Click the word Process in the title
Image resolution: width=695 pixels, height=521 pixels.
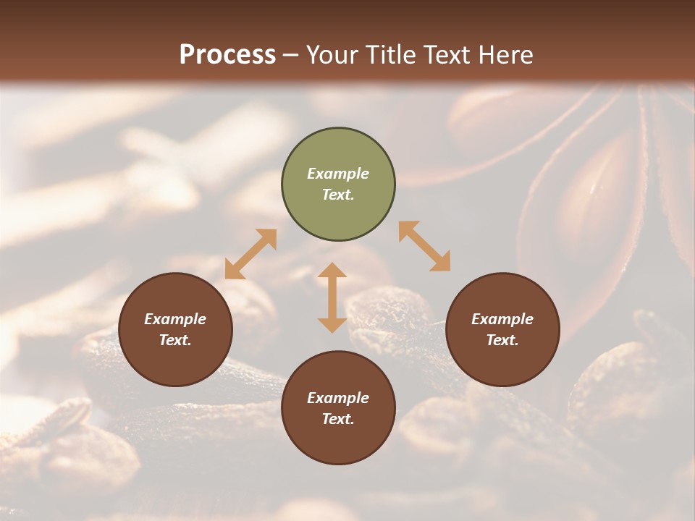227,55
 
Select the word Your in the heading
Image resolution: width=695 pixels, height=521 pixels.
331,55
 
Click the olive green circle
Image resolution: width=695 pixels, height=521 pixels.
338,185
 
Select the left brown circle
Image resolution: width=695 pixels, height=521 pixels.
175,329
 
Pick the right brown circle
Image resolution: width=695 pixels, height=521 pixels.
502,329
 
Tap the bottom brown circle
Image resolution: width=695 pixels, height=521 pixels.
338,408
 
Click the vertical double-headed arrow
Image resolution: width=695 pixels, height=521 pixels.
332,297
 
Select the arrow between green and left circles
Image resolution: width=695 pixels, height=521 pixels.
250,254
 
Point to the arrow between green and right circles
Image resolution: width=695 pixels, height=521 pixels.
425,246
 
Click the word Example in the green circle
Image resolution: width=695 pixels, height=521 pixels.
338,174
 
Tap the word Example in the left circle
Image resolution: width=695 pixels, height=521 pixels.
175,319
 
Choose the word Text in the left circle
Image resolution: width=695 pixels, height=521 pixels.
174,340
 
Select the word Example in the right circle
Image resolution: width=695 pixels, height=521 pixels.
502,319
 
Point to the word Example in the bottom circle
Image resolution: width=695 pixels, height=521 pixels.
338,398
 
